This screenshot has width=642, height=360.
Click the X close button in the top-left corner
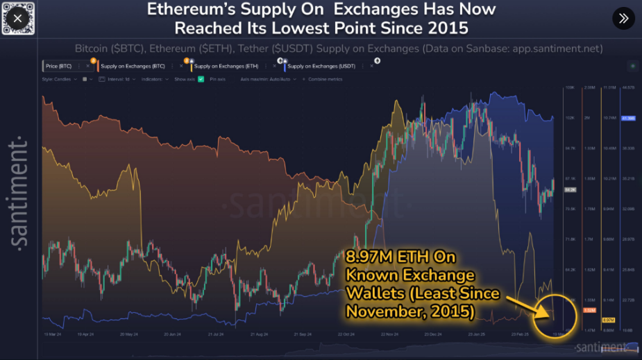pos(17,18)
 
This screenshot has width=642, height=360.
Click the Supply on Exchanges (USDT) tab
pos(320,66)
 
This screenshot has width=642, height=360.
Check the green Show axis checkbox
pos(200,79)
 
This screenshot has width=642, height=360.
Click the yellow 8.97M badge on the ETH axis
pos(608,320)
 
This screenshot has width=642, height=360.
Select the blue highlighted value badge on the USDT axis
pos(629,119)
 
